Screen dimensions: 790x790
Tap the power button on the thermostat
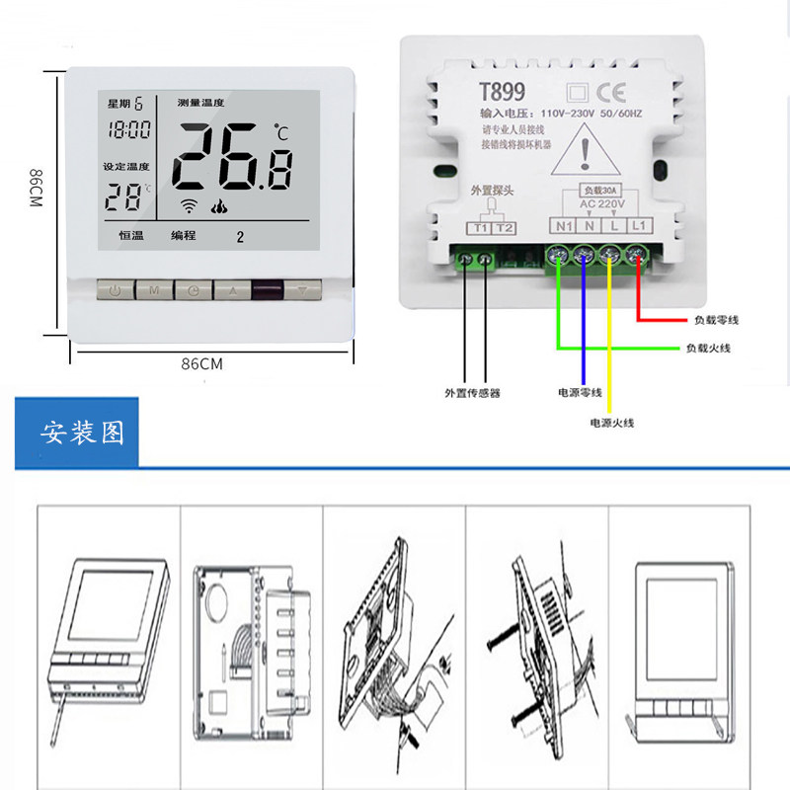click(116, 291)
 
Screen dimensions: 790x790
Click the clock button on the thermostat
click(192, 291)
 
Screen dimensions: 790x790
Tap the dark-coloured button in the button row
click(267, 291)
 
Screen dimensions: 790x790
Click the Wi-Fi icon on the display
click(188, 206)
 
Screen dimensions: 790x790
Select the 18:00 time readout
click(129, 129)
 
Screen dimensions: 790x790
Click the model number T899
click(502, 92)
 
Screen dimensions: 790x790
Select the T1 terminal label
click(481, 228)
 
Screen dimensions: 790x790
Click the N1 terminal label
click(564, 226)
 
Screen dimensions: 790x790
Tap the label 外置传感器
click(472, 392)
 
